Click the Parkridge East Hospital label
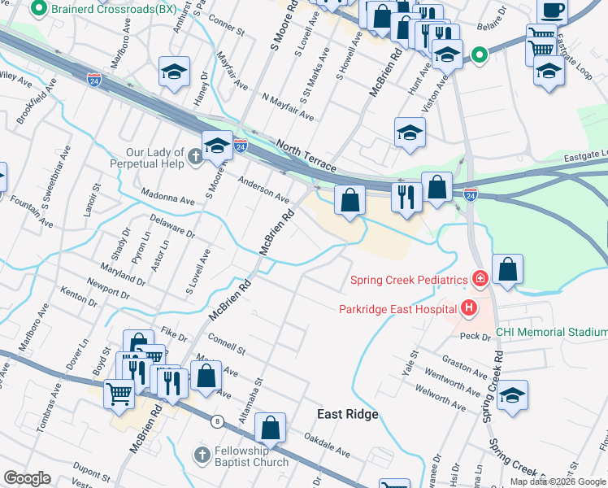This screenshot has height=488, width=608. click(397, 308)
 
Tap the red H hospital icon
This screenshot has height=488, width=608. click(468, 308)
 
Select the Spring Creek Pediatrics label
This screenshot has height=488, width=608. click(409, 280)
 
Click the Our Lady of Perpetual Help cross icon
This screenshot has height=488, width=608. click(194, 156)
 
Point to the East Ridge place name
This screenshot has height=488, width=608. click(347, 415)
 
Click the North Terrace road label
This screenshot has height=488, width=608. click(306, 155)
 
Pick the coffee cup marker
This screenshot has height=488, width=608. click(552, 11)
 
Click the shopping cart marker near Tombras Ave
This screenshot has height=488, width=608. click(119, 394)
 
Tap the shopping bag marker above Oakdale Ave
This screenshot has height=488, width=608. click(270, 428)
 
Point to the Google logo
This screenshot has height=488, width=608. click(27, 478)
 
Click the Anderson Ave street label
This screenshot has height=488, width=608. click(263, 189)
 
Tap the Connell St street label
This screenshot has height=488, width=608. click(227, 343)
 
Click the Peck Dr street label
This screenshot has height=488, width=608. click(471, 336)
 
